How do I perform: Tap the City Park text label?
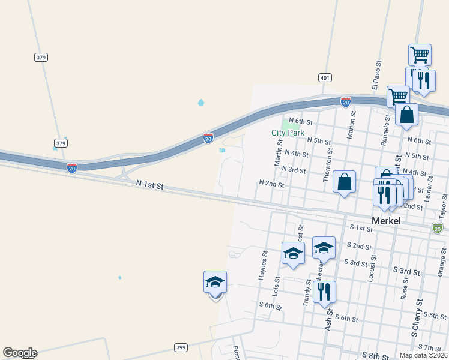pos(288,133)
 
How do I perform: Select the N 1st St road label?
pos(149,185)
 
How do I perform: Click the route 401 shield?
pos(325,77)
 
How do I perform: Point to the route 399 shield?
pos(181,347)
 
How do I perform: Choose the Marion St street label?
pos(352,125)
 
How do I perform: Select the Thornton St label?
pos(327,166)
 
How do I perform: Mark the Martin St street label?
pos(279,151)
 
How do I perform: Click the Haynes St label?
pos(263,265)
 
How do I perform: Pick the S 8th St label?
pos(376,356)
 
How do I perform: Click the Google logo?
pos(20,353)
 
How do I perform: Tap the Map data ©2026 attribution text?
pos(423,355)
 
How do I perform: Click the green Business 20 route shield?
pos(437,228)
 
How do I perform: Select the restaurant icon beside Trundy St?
pos(324,292)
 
